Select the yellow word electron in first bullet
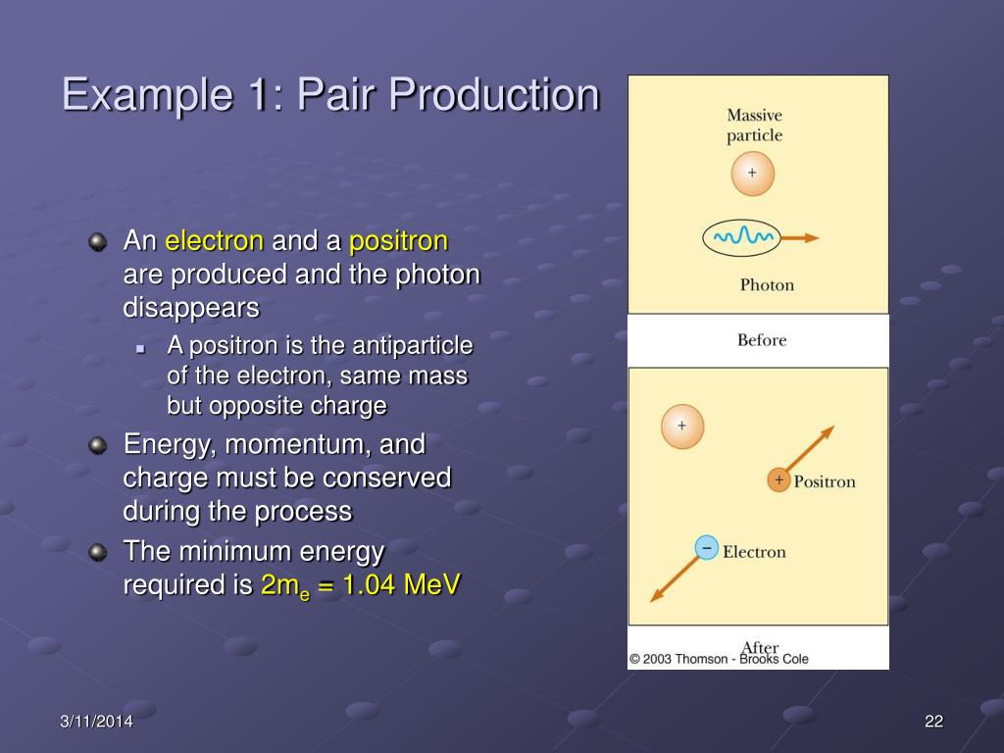pos(214,241)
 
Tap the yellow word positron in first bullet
pos(398,241)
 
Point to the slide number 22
pos(933,723)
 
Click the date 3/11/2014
pos(96,723)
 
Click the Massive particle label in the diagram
pos(754,125)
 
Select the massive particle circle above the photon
pos(752,174)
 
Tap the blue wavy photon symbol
pos(742,237)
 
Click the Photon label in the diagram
pos(767,285)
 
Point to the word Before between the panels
pos(762,340)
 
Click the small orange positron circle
pos(778,480)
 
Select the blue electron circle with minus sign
pos(706,548)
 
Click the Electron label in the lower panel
pos(754,552)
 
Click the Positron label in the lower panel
pos(824,481)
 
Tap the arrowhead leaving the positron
pos(828,431)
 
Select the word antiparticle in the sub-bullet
pos(413,346)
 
